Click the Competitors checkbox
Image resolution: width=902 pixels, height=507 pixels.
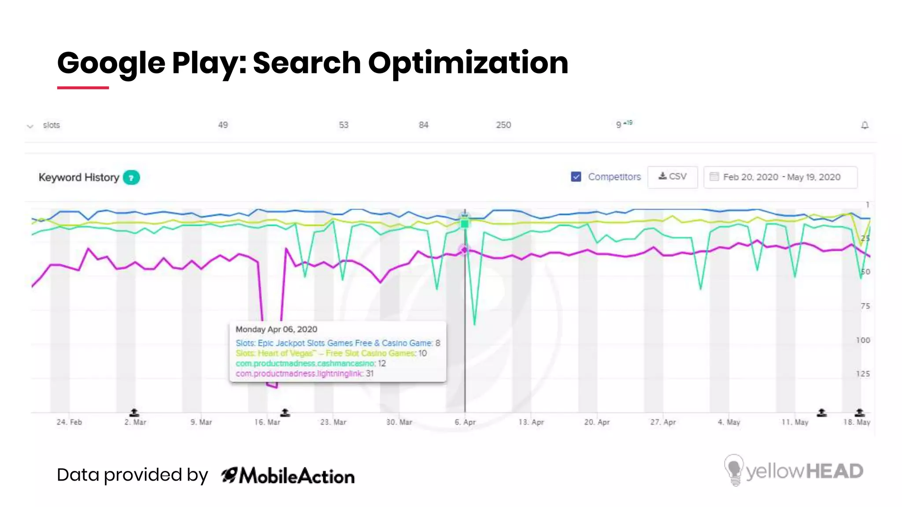(576, 177)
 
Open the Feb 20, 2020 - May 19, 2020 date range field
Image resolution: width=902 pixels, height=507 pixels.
(780, 177)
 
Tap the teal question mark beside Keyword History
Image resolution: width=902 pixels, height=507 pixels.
(131, 178)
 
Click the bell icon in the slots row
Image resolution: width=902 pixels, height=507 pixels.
(865, 125)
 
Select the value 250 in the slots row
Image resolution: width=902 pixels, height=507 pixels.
(503, 125)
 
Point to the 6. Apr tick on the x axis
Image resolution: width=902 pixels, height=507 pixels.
(465, 422)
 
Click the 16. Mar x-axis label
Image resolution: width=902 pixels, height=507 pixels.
(267, 422)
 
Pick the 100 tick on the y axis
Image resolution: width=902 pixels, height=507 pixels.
(863, 340)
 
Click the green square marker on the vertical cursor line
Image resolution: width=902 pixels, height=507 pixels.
(465, 224)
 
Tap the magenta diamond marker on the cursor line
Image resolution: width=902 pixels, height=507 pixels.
(464, 250)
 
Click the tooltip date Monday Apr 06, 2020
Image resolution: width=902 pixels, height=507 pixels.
(276, 329)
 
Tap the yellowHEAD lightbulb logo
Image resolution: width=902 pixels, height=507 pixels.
(733, 470)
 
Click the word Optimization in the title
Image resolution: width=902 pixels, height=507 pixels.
(468, 62)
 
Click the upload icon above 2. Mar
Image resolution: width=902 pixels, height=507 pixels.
(134, 412)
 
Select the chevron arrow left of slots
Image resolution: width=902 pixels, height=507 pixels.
(30, 126)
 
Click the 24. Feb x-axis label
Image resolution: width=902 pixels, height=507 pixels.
(69, 422)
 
